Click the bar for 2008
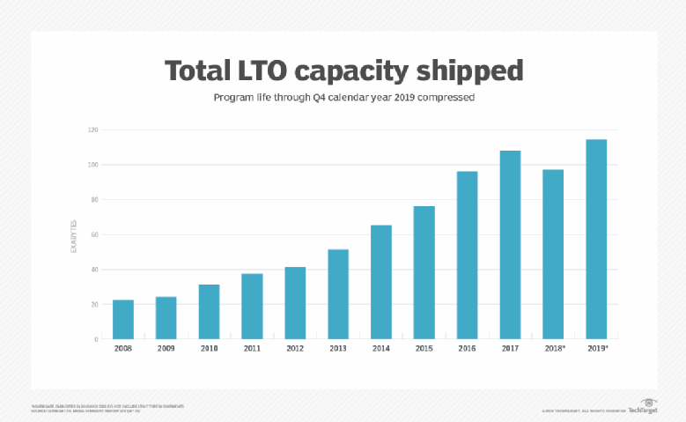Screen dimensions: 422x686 pos(123,319)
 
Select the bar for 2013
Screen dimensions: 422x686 pos(338,294)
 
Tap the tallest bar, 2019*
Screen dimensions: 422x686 pos(596,239)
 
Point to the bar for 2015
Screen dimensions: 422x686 pos(424,272)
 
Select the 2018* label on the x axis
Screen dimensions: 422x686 pos(553,348)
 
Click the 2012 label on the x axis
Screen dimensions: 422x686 pos(295,348)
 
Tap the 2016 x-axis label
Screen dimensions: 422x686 pos(467,348)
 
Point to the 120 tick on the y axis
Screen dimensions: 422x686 pos(92,130)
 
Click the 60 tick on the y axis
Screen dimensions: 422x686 pos(94,234)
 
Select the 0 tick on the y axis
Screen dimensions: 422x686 pos(96,339)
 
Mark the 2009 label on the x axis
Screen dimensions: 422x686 pos(166,348)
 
